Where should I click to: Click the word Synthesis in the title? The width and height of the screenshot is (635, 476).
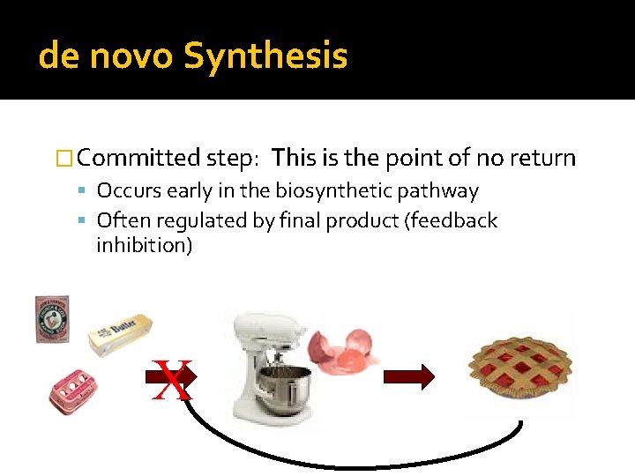tap(265, 56)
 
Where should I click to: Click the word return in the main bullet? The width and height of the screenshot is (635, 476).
tap(543, 159)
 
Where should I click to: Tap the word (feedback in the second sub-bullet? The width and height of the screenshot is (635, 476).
tap(450, 220)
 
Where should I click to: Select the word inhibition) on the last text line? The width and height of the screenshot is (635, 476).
tap(144, 245)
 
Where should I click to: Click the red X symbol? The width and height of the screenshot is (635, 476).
tap(172, 381)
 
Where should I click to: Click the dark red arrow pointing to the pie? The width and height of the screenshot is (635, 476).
tap(408, 377)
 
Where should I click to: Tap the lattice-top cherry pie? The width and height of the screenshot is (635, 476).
tap(519, 365)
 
